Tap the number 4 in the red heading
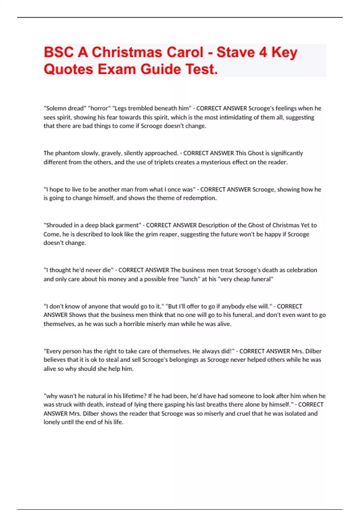(263, 52)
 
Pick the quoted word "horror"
(99, 108)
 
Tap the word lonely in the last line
(51, 422)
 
